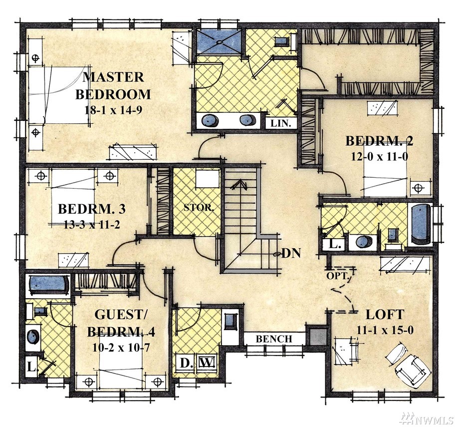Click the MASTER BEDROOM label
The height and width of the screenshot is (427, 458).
(113, 86)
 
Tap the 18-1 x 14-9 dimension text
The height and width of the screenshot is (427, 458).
(113, 110)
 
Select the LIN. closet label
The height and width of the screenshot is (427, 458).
(281, 123)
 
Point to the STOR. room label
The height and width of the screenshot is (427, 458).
(199, 208)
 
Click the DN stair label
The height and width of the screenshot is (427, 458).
(291, 253)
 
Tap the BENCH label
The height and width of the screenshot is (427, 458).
(274, 339)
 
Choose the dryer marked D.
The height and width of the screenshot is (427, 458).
(185, 363)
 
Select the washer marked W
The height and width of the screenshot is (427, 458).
(208, 363)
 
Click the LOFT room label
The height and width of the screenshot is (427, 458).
(385, 315)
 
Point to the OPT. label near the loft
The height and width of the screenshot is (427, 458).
(338, 276)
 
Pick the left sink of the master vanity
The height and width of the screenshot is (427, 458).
(210, 120)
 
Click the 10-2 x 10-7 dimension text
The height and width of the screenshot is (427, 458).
(121, 348)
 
